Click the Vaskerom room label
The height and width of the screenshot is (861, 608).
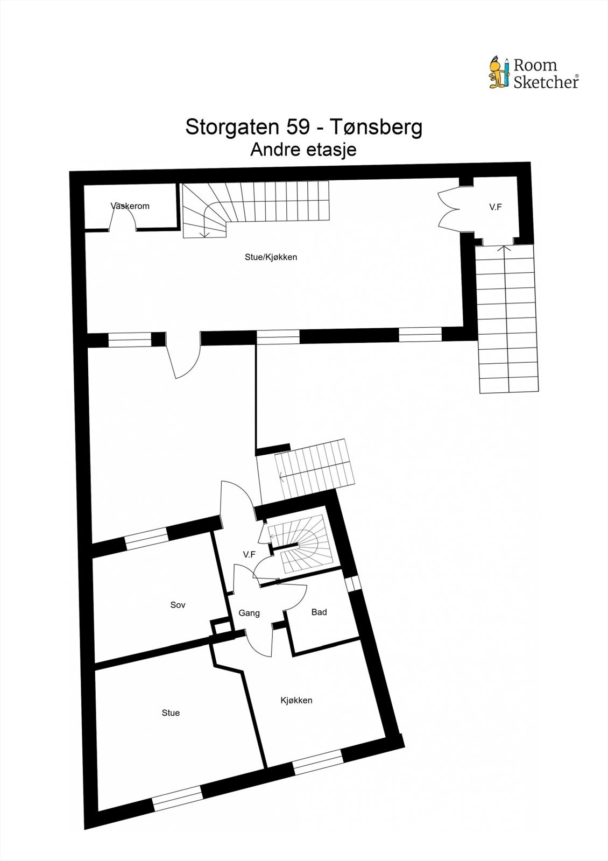coord(130,206)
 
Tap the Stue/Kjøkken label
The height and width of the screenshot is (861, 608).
coord(271,257)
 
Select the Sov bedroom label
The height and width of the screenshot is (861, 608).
coord(178,605)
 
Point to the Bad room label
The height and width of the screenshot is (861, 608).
coord(319,612)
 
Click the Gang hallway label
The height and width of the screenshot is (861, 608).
coord(249,613)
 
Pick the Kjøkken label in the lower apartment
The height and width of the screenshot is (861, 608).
coord(296,700)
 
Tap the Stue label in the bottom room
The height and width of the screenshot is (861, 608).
coord(171,712)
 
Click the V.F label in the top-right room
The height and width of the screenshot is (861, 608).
coord(496,206)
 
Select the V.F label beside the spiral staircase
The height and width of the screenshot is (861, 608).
coord(249,554)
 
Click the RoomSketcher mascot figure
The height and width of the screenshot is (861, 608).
coord(498,72)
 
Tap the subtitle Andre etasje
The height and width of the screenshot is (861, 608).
coord(303,150)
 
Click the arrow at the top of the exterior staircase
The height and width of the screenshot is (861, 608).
coord(504,250)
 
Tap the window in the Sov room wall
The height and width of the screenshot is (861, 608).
coord(146,539)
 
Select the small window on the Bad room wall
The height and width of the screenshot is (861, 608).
coord(353,583)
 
